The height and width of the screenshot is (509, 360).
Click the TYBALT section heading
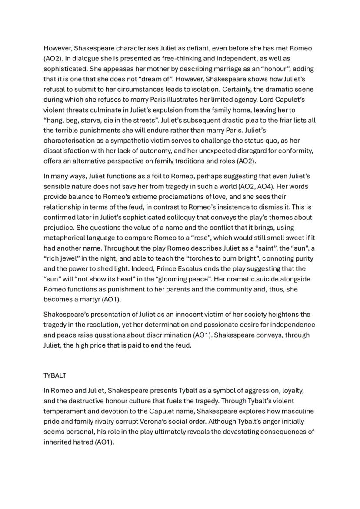pyautogui.click(x=54, y=375)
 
